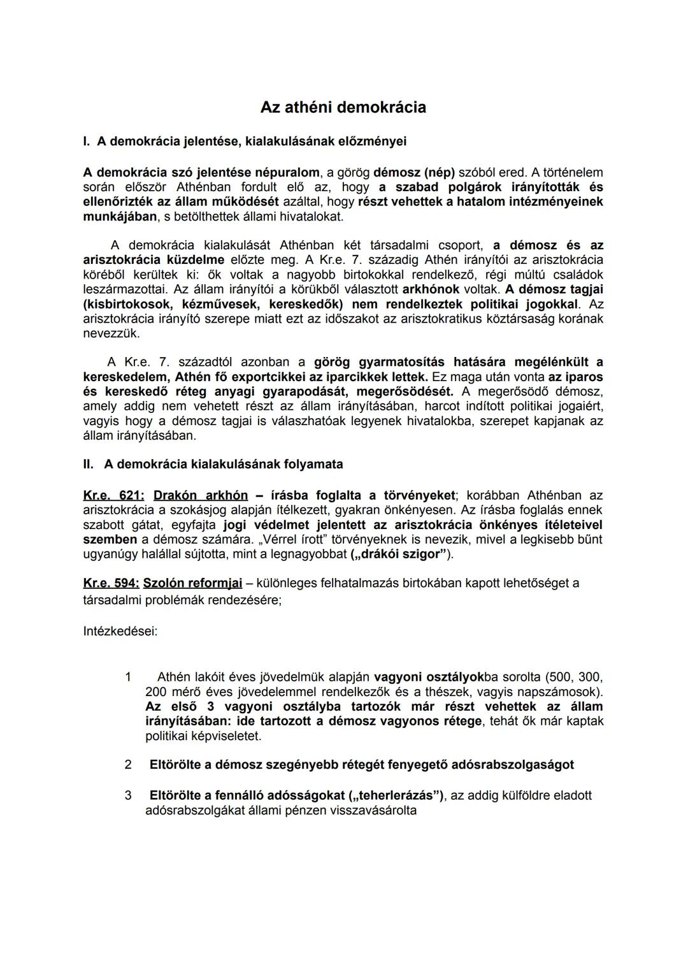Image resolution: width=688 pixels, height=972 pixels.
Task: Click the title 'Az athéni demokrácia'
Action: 343,107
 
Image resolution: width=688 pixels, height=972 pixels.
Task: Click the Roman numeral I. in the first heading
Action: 87,141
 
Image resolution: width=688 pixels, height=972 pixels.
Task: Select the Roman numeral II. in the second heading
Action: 89,465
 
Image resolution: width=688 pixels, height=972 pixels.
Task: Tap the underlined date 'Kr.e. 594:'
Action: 111,583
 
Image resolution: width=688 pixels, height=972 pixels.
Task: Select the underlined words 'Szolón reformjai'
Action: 192,583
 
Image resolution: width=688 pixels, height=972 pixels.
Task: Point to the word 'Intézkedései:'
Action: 120,632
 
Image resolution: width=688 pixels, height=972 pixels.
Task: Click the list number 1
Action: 128,677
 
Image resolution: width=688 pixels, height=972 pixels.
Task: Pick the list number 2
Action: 128,765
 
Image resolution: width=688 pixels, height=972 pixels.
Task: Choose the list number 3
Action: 128,795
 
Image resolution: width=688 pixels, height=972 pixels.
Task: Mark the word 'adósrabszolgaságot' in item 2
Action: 512,765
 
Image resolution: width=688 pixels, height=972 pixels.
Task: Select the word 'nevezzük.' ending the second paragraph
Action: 111,333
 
